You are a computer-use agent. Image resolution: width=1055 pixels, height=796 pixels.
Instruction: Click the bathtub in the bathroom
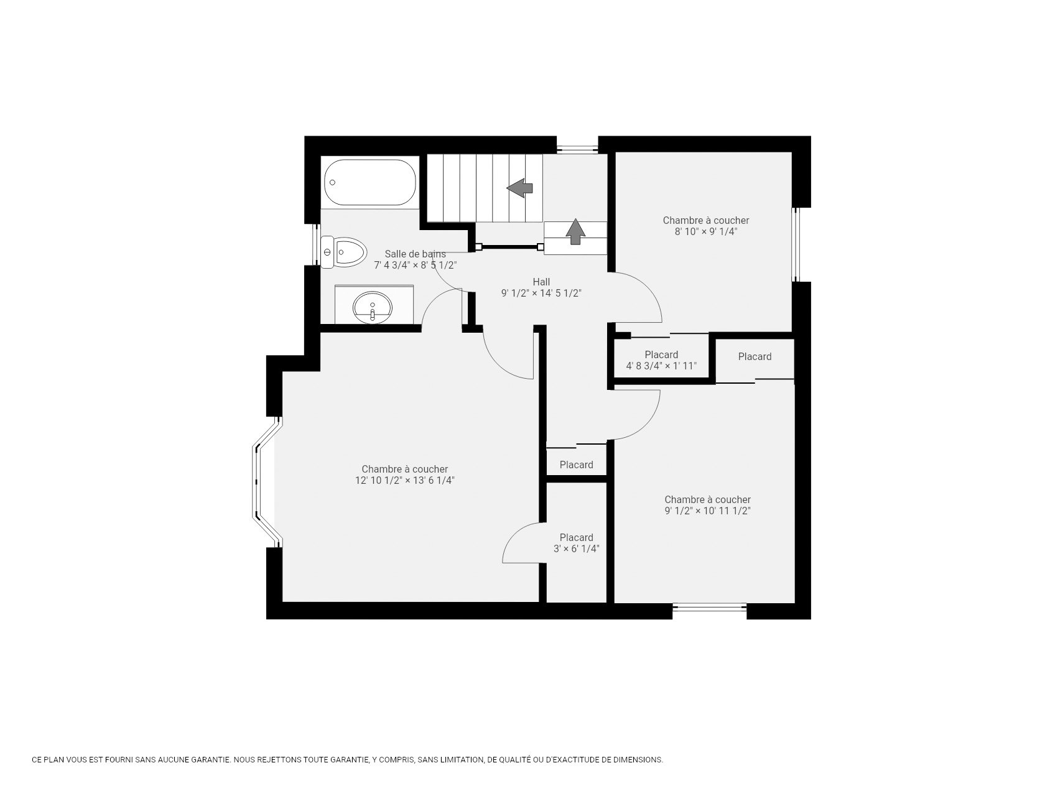369,182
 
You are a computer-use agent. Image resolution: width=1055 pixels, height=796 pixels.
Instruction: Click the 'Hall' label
541,282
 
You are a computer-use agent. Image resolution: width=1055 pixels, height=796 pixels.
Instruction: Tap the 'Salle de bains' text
415,254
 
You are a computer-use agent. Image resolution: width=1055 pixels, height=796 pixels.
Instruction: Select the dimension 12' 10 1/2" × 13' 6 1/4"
405,481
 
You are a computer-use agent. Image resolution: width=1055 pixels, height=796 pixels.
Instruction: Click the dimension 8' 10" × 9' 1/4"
706,231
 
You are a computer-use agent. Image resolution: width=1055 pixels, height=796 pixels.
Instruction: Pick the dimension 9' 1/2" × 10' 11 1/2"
707,511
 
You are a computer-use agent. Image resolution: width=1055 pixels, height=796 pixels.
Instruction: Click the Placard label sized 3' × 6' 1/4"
576,537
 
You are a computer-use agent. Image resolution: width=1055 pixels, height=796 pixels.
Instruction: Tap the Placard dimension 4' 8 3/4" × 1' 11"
661,366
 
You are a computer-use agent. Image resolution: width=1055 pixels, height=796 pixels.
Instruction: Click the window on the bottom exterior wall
709,608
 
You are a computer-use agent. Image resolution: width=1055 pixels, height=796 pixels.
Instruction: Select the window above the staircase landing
577,149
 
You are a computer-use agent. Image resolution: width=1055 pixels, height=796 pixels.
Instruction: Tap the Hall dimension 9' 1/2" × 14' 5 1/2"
541,294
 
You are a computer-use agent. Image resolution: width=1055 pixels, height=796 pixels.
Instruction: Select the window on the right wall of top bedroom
796,244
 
